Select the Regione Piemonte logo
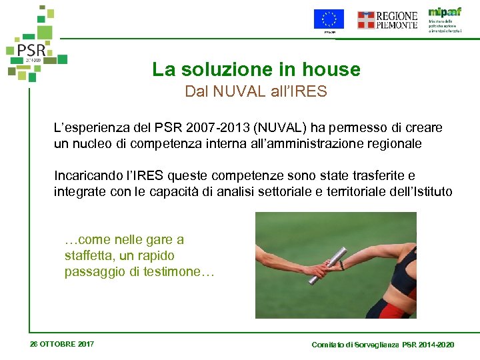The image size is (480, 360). pos(387,20)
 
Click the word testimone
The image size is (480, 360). pos(174,271)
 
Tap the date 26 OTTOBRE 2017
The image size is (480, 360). pos(62,344)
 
